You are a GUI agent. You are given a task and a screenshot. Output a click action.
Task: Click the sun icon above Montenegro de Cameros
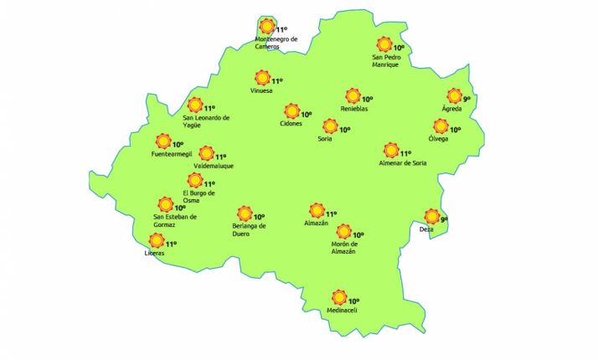click(267, 25)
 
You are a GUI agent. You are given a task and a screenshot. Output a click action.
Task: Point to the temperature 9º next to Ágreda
click(467, 99)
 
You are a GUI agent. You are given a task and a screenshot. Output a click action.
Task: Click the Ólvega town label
click(439, 138)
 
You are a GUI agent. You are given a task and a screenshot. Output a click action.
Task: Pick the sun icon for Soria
click(330, 126)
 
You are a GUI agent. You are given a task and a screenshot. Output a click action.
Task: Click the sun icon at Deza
click(431, 216)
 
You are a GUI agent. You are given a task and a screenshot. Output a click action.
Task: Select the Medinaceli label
click(342, 311)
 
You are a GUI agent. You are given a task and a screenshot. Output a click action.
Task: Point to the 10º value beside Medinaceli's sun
click(353, 301)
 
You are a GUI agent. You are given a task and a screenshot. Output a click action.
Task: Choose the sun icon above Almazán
click(317, 210)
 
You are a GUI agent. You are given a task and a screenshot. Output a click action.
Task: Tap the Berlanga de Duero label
click(249, 229)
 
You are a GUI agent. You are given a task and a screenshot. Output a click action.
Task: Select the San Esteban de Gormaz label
click(174, 221)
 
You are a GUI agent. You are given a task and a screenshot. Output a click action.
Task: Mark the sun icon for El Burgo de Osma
click(194, 180)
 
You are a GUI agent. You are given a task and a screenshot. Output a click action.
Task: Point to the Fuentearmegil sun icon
click(162, 141)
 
